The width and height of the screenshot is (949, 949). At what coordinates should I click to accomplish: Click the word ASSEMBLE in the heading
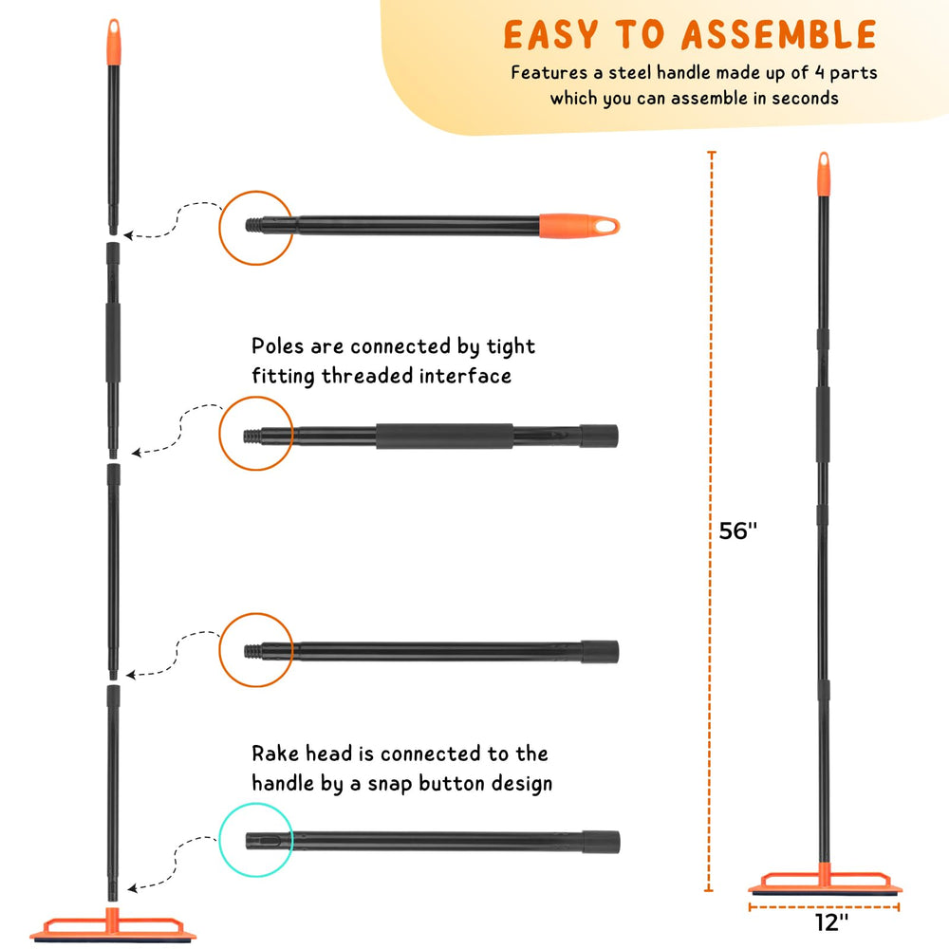[779, 34]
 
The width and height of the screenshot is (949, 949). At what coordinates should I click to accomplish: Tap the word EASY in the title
[550, 34]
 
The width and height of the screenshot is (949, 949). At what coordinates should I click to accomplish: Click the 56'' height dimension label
[737, 530]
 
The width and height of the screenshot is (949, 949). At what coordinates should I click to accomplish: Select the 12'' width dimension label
[831, 922]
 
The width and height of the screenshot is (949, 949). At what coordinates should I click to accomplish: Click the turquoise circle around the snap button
[219, 840]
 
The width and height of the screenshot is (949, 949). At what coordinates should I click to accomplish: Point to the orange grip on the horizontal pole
[579, 226]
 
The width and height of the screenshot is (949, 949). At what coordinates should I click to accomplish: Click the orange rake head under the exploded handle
[113, 926]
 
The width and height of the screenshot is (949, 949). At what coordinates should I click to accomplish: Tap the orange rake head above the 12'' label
[825, 881]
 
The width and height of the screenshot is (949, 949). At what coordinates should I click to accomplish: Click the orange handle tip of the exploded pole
[114, 41]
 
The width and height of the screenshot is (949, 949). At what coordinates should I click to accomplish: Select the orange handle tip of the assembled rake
[824, 174]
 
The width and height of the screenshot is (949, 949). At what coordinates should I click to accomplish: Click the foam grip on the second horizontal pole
[444, 436]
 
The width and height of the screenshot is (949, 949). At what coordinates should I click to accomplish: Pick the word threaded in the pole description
[368, 376]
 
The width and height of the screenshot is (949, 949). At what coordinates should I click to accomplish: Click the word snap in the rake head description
[390, 785]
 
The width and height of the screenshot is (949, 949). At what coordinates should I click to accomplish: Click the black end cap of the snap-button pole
[602, 842]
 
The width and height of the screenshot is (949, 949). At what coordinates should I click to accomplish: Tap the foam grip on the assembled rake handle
[823, 424]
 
